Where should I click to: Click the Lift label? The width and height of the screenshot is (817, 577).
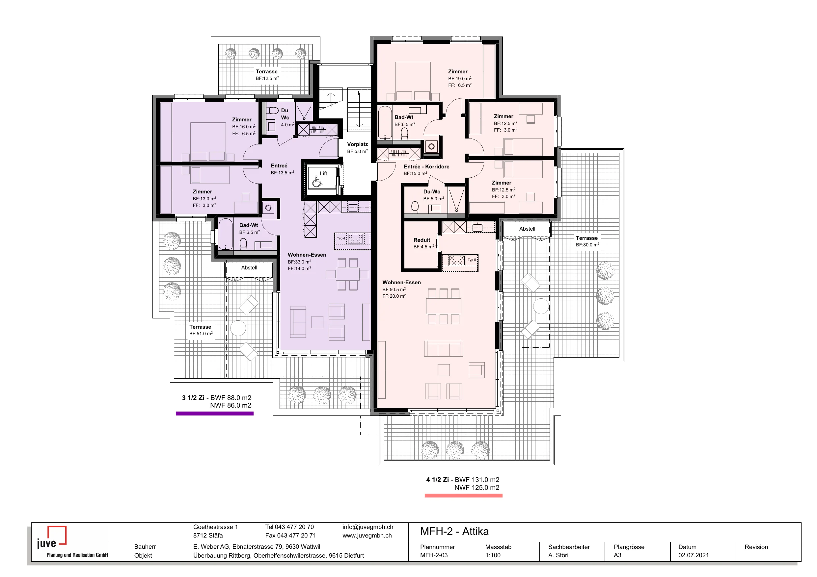(x=323, y=173)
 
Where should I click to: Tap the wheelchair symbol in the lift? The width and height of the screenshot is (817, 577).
(x=317, y=182)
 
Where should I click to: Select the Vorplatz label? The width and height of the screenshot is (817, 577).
(x=357, y=144)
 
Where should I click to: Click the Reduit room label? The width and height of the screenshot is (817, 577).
(x=422, y=240)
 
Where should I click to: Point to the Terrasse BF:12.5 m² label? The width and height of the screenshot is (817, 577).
(x=267, y=75)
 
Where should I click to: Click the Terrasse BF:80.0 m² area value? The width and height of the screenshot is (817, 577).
(x=587, y=245)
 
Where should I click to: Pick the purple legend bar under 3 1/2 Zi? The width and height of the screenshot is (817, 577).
(x=215, y=414)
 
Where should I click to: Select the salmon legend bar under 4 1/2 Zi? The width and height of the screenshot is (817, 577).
(x=463, y=496)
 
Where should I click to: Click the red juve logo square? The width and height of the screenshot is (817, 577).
(x=57, y=535)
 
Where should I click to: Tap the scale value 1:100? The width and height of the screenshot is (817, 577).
(x=493, y=555)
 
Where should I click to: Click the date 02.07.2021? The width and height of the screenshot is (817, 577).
(x=694, y=555)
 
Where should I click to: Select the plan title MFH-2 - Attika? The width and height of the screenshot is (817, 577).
(x=454, y=531)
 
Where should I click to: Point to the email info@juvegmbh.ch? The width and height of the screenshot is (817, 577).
(x=368, y=527)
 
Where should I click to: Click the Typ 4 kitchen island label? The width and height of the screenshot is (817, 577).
(x=341, y=238)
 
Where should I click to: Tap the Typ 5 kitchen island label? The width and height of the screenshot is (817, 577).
(x=472, y=260)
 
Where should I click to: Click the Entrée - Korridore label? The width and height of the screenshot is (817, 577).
(x=426, y=166)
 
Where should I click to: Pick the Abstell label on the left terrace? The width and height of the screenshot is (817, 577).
(x=249, y=268)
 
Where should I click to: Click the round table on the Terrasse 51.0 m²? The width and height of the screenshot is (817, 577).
(x=238, y=328)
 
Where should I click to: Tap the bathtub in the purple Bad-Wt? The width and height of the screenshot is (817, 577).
(x=225, y=234)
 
